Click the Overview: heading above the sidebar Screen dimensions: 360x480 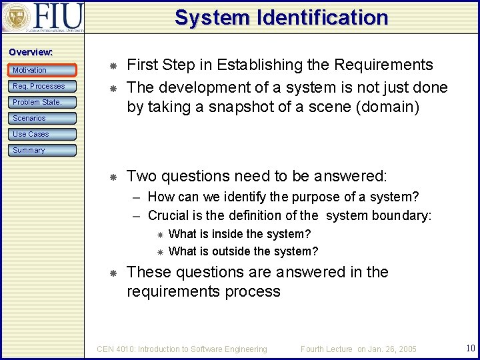[31, 52]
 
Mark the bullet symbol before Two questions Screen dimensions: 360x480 [113, 177]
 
